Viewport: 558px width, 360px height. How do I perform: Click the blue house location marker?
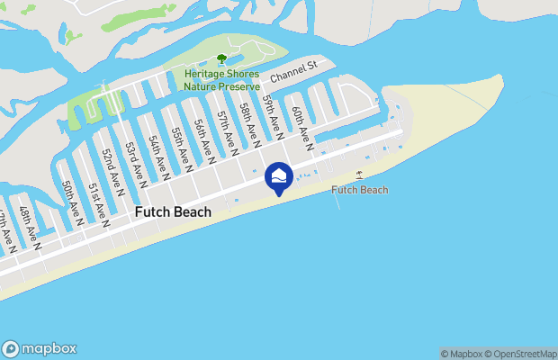coord(279,176)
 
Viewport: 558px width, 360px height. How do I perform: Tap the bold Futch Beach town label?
coord(173,212)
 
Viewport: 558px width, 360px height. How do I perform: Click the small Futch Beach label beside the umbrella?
coord(360,190)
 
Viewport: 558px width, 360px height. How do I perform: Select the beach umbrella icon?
coord(360,175)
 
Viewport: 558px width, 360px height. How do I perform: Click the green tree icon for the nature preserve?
coord(221,59)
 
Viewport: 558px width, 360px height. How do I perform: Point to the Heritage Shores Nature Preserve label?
coord(221,80)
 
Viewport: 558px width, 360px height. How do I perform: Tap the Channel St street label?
coord(294,69)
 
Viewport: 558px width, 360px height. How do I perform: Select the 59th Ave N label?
coord(274,118)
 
